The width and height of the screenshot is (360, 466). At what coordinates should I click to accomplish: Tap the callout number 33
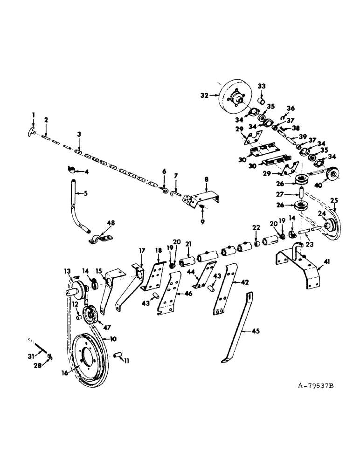[x=262, y=87]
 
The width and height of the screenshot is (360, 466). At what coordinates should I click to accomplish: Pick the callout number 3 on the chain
[x=79, y=135]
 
